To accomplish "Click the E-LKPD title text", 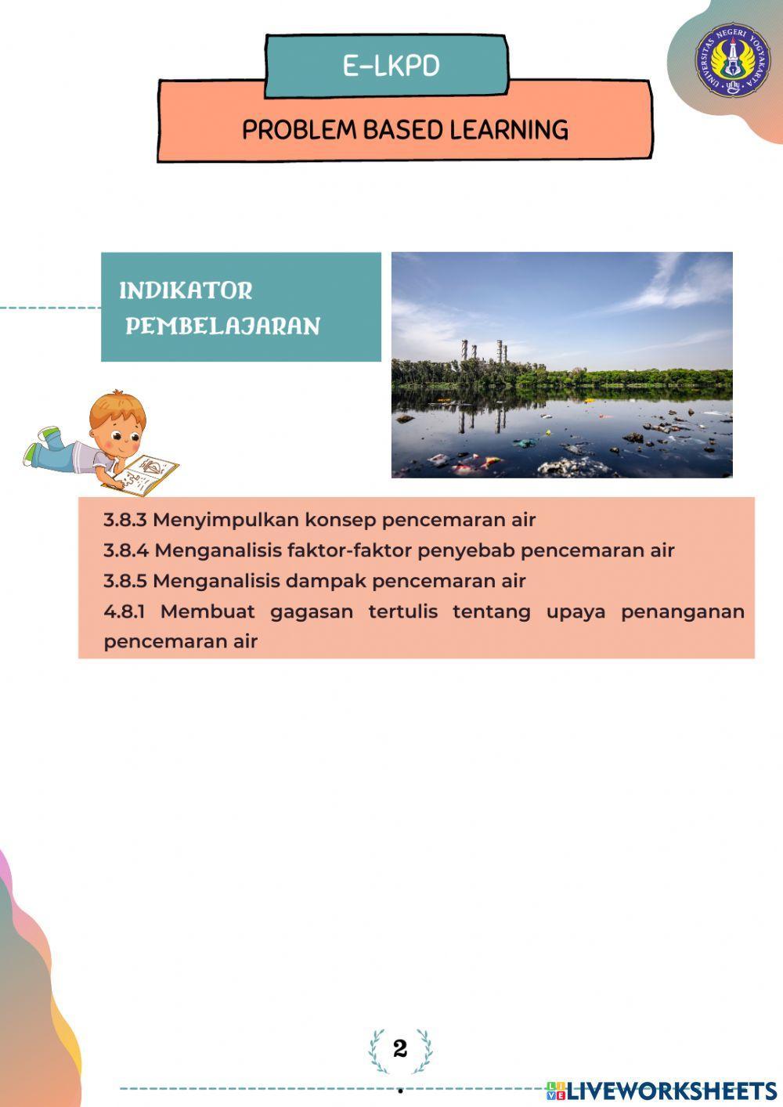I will (x=391, y=67).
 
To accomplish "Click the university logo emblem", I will (x=733, y=60).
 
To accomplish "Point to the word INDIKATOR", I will (x=186, y=290).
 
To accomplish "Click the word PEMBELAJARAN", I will (x=222, y=326).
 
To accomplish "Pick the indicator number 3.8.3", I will (x=125, y=520).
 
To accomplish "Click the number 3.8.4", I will (x=126, y=550).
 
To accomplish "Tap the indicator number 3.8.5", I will (x=125, y=581).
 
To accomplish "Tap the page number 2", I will (x=400, y=1049).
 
